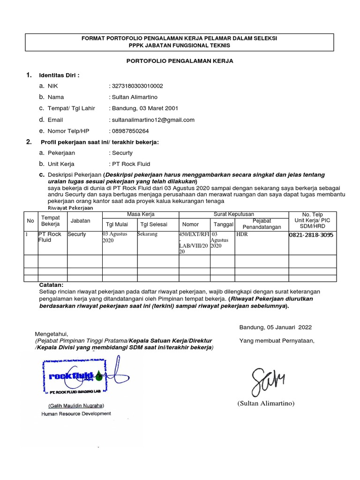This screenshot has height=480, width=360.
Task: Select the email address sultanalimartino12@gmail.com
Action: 152,120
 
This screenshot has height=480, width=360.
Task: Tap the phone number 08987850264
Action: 130,131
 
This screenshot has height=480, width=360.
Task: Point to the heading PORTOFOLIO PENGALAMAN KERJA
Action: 180,61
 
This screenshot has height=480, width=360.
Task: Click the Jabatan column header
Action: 80,220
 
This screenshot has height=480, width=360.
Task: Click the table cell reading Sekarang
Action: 147,234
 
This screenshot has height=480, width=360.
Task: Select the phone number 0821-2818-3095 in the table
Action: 311,235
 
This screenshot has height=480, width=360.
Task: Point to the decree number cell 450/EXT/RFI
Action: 194,242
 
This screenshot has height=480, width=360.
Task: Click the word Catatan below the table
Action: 51,285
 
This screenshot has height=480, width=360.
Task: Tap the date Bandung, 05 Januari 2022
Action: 275,327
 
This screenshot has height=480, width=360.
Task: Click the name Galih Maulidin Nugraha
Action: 76,405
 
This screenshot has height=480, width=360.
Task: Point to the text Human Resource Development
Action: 76,413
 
